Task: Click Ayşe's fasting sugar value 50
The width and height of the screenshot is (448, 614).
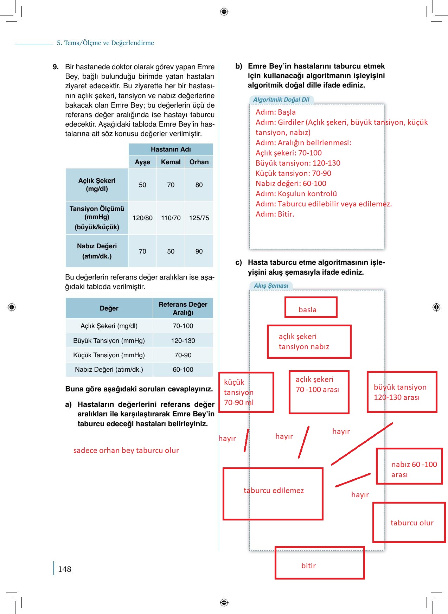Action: point(142,185)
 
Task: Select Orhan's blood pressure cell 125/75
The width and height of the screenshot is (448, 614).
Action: point(199,218)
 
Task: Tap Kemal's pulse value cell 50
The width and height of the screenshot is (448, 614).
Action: point(171,251)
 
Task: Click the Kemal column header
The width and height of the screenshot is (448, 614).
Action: point(171,162)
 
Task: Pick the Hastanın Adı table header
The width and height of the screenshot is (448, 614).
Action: point(171,149)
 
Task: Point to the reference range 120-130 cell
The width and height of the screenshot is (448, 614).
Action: point(183,341)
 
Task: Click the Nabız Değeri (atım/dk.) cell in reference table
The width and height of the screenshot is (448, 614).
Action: point(109,370)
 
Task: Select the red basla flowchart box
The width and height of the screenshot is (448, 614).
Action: point(311,307)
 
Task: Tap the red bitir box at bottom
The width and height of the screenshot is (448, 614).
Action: point(319,563)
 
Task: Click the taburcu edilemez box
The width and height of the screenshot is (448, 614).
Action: point(273,494)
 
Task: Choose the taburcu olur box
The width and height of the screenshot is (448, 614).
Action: point(409,523)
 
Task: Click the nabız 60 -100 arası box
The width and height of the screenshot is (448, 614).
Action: point(409,466)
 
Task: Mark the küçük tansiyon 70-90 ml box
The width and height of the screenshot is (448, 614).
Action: point(246,392)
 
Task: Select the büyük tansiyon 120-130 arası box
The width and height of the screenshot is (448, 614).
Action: point(402,392)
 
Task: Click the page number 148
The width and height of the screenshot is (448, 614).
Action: point(65,569)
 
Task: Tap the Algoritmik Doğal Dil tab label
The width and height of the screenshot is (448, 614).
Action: point(281,100)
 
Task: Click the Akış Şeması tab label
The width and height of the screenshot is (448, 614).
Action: point(271,286)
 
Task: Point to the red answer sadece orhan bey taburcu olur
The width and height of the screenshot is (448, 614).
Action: point(126,450)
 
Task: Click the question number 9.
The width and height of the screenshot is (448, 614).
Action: point(56,67)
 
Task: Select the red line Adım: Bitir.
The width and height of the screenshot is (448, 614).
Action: point(275,214)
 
